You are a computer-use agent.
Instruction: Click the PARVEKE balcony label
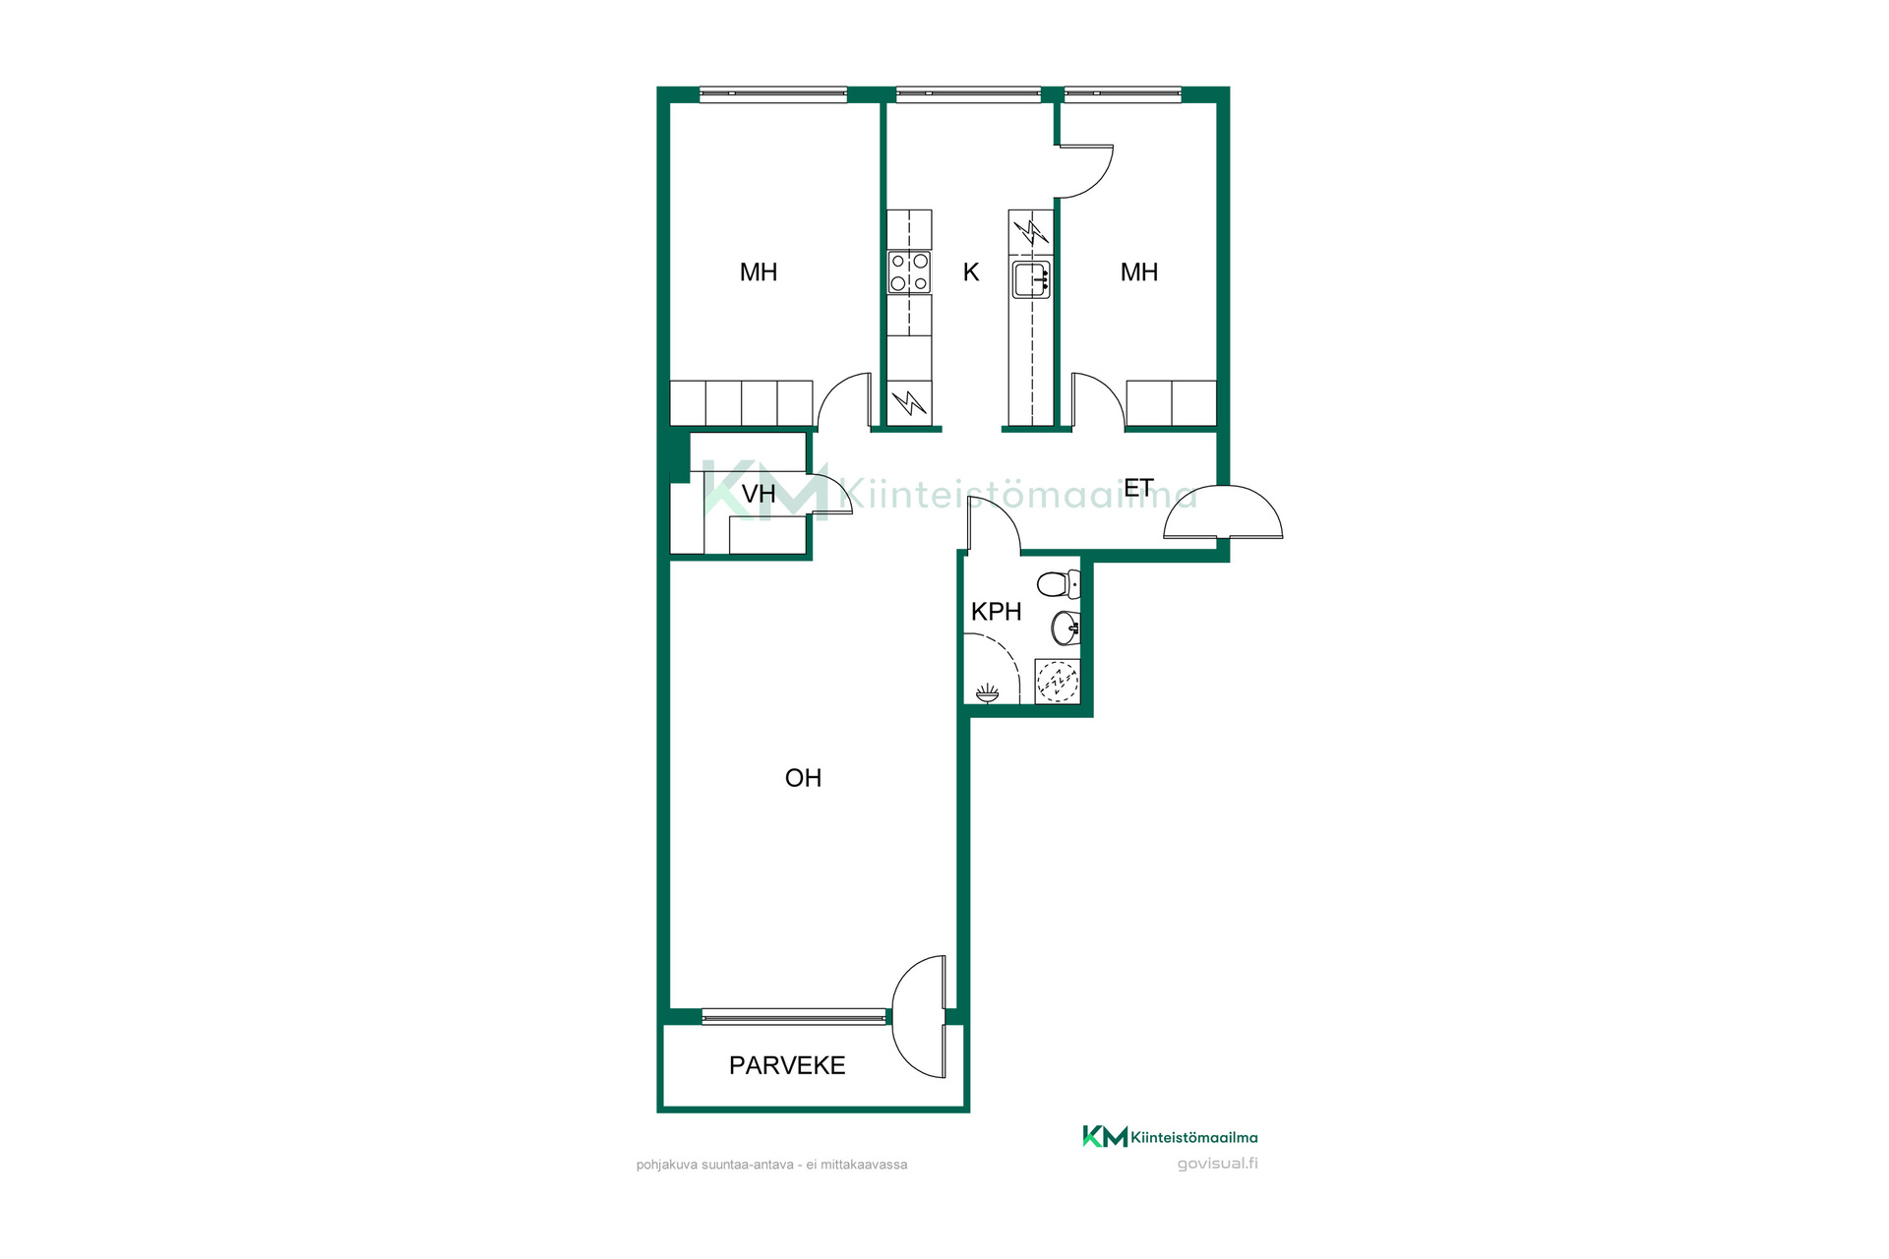(787, 1065)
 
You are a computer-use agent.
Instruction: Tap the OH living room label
(803, 778)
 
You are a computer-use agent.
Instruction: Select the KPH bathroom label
(996, 612)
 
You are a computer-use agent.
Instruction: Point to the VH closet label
(759, 494)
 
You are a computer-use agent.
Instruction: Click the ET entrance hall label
(1138, 488)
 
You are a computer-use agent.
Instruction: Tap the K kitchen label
(971, 272)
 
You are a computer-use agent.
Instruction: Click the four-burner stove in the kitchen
(909, 272)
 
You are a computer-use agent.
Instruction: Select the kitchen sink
(1031, 279)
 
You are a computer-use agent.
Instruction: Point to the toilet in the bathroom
(1060, 584)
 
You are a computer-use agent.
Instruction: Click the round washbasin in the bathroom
(1066, 628)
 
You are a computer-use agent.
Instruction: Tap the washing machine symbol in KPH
(1058, 681)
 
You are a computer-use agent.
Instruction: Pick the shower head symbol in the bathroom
(987, 694)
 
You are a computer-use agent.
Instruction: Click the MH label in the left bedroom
(759, 272)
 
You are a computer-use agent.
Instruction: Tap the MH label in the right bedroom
(1139, 272)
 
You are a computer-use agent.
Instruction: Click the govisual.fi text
(1218, 1164)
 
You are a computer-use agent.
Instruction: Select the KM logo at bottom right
(1105, 1137)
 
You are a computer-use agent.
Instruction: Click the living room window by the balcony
(794, 1016)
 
